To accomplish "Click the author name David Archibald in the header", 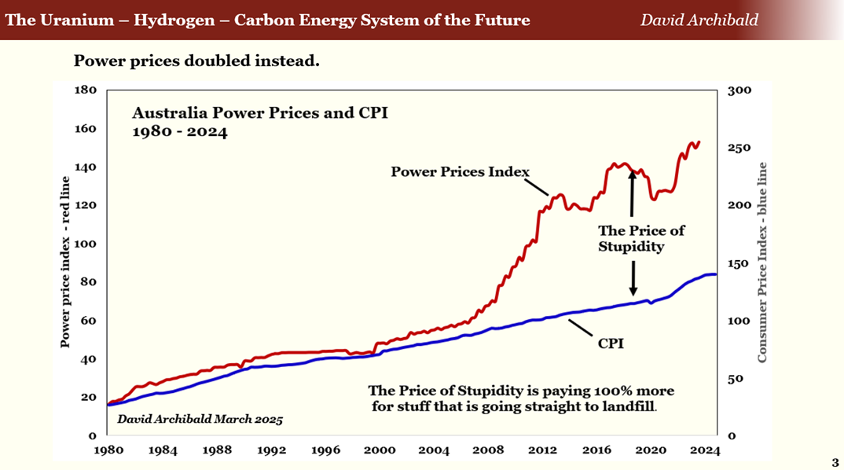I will (699, 20).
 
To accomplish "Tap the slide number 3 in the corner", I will (835, 462).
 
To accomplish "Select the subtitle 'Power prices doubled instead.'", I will (196, 61).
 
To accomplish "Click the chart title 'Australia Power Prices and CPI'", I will (259, 112).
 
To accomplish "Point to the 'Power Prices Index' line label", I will (461, 171).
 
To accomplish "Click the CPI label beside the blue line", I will (610, 343).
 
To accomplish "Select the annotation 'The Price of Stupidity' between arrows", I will (641, 238).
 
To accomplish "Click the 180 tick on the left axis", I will (85, 90).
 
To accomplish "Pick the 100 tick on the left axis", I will (85, 244).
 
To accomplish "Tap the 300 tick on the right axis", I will (740, 90).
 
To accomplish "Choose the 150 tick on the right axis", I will (740, 263).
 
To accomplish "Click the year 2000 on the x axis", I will (380, 450).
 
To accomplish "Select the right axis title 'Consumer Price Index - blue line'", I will (761, 263).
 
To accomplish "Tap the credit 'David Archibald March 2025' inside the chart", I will (200, 419).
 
